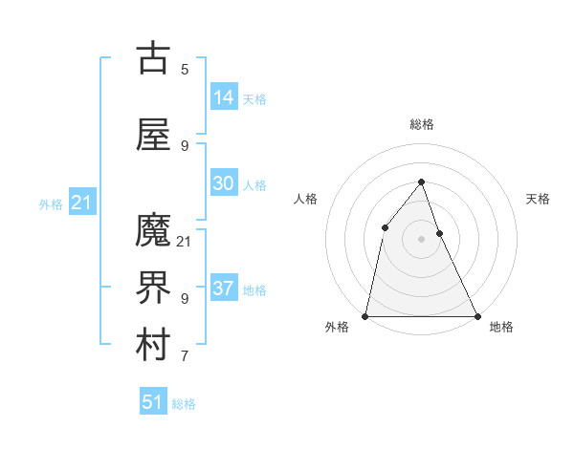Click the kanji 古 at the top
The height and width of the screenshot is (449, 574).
[154, 58]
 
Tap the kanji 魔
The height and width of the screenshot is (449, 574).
[154, 230]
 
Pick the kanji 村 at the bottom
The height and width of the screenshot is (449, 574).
[154, 347]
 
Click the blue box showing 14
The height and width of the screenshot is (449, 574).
[224, 96]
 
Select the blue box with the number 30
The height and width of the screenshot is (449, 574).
[224, 183]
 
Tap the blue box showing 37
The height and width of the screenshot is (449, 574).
[224, 289]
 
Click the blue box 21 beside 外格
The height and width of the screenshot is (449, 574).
[81, 203]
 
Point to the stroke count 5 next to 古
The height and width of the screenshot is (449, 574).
[185, 69]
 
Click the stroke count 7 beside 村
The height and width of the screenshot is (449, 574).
[185, 357]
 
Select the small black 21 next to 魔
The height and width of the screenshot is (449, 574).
[185, 241]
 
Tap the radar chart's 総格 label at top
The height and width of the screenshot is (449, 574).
[422, 124]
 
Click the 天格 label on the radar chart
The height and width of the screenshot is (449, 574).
[538, 199]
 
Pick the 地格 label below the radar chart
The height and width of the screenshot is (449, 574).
[501, 327]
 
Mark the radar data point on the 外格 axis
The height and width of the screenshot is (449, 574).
[365, 315]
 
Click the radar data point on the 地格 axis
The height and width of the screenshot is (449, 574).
[477, 315]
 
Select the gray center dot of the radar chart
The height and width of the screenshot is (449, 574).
[422, 239]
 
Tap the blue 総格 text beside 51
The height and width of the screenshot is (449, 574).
[184, 404]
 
